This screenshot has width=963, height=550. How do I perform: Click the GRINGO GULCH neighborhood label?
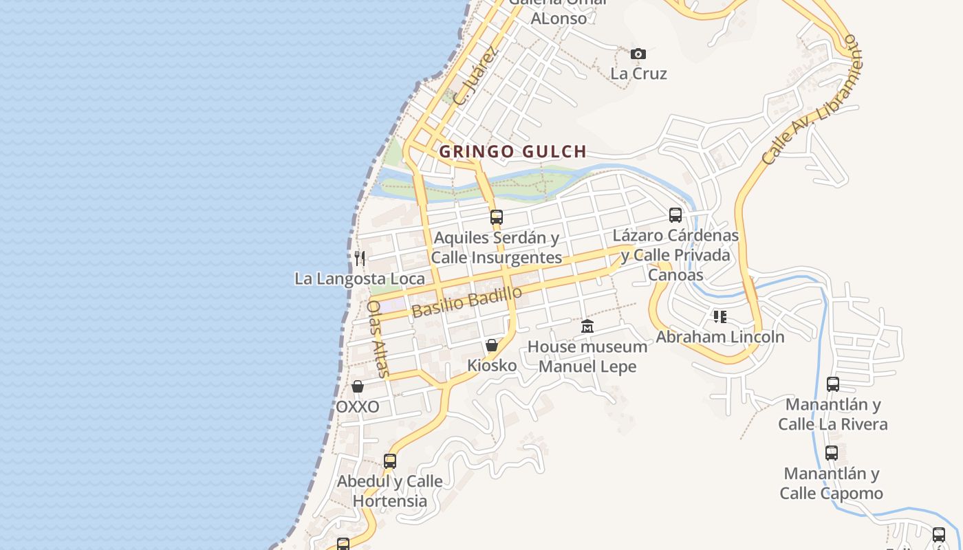[x=512, y=152]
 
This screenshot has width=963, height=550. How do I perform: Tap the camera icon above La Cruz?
[x=638, y=54]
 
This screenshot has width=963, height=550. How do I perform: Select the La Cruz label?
[x=638, y=74]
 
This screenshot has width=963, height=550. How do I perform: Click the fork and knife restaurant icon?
[x=360, y=258]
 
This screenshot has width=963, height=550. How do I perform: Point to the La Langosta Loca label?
[x=360, y=279]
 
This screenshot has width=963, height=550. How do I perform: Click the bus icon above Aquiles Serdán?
[x=496, y=217]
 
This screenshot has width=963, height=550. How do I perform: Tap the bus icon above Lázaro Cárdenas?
[x=675, y=215]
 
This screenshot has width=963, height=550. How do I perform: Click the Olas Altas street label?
[x=378, y=339]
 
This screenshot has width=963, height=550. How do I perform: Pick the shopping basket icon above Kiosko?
[x=492, y=345]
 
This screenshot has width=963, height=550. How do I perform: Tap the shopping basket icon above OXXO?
[x=357, y=386]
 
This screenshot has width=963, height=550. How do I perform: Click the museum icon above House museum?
[x=587, y=326]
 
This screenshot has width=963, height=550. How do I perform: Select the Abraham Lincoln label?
[x=719, y=337]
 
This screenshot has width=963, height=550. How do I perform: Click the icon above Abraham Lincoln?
[x=719, y=317]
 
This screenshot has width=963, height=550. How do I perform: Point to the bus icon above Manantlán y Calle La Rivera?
[x=833, y=384]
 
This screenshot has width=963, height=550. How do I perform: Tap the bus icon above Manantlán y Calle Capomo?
[x=832, y=453]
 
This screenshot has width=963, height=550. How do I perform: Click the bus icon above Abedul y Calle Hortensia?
[x=390, y=461]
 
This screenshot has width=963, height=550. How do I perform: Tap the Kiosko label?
[x=492, y=366]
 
